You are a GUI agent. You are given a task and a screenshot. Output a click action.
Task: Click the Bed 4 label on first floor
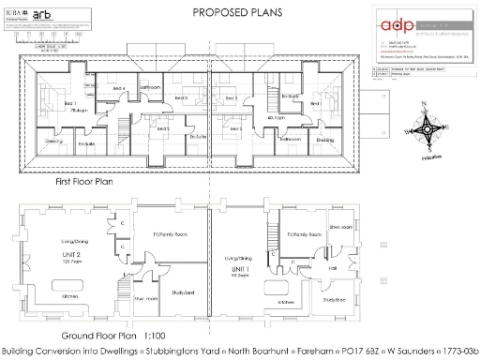point(118,88)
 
